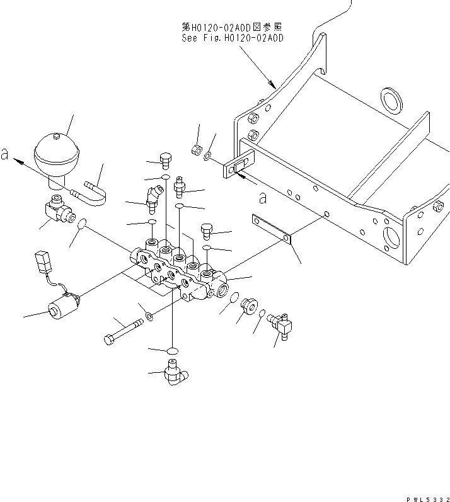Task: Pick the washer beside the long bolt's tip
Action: coord(149,316)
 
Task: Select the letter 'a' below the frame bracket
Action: coord(263,197)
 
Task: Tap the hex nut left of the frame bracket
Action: coord(197,150)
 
